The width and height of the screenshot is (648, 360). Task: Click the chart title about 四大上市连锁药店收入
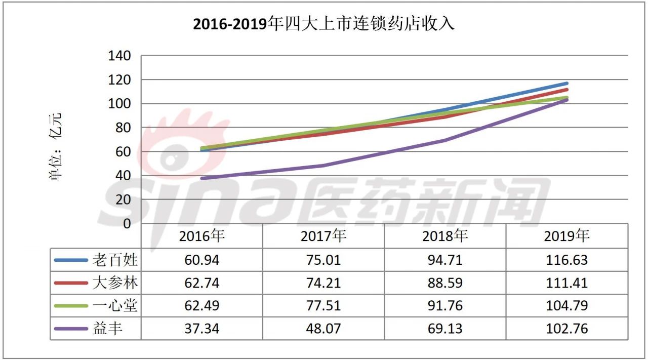(323, 24)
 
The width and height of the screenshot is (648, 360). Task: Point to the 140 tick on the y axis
(119, 56)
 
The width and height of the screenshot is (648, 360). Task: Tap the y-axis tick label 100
(119, 104)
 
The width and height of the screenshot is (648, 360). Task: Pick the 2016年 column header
(201, 236)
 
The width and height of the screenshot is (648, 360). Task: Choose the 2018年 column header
(444, 236)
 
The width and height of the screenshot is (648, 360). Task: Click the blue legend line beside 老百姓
(72, 260)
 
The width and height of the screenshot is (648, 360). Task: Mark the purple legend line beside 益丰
(72, 329)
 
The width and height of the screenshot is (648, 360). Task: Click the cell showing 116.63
(566, 260)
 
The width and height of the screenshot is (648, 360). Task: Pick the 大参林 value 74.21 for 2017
(323, 283)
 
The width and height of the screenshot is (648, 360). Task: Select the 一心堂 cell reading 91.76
(444, 306)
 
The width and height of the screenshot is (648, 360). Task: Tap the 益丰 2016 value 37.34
(201, 329)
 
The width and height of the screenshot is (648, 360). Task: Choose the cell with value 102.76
(566, 329)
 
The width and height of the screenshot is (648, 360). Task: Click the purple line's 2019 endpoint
(566, 100)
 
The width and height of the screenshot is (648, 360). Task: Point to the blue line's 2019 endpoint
(566, 84)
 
